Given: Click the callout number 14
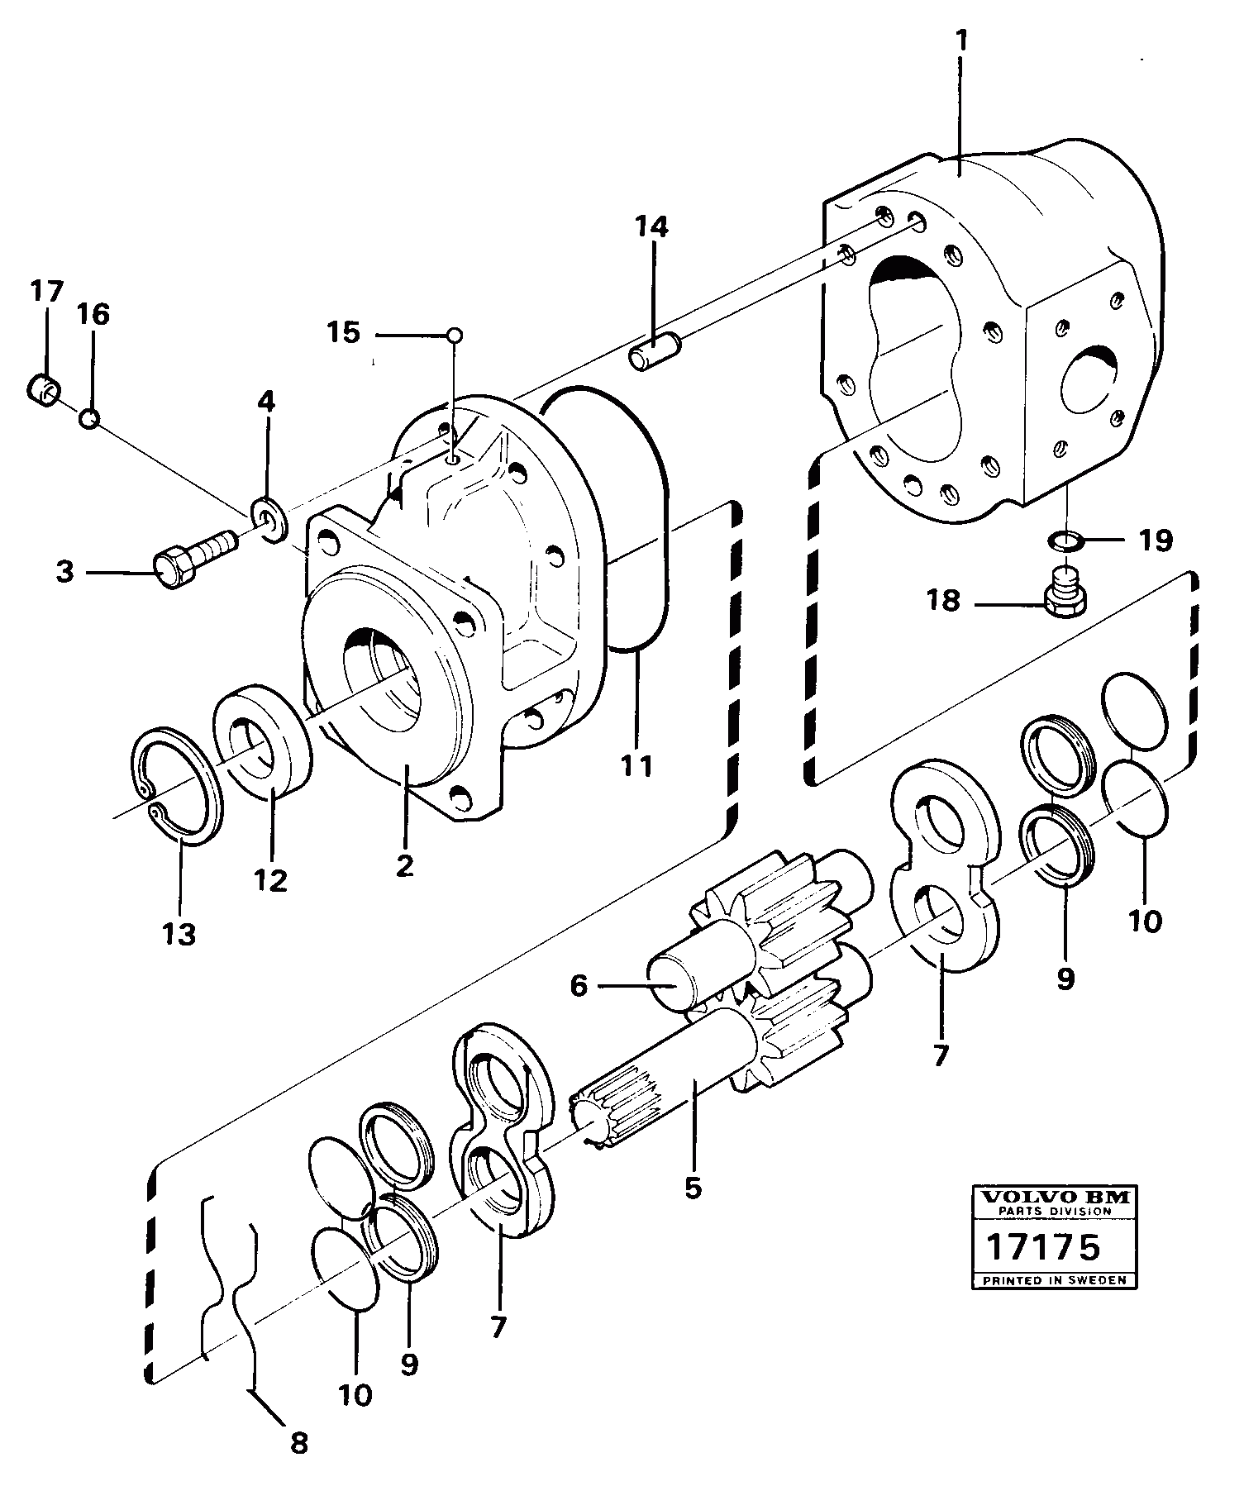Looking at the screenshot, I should tap(651, 226).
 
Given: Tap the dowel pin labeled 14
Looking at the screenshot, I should tap(654, 351).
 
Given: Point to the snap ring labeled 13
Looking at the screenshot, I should tap(179, 786).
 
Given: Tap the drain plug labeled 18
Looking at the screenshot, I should tap(1065, 593).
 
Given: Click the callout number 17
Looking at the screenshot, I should tap(46, 292).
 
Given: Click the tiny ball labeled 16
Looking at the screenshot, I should tap(90, 419).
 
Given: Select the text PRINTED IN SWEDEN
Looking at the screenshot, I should tap(1054, 1280).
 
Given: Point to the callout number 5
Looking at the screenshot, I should tap(693, 1188).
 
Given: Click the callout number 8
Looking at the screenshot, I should tap(299, 1444).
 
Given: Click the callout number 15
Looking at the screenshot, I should tap(343, 333).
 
